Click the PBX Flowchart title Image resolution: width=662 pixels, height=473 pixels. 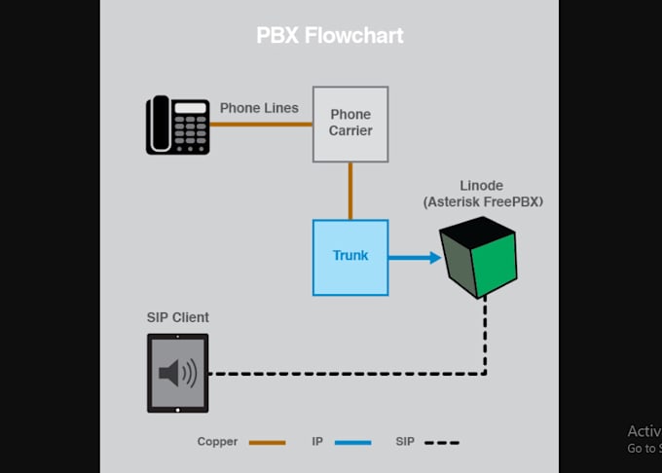click(x=329, y=36)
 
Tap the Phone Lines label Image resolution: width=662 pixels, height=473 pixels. click(x=259, y=107)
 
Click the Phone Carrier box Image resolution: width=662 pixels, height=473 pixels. click(x=350, y=124)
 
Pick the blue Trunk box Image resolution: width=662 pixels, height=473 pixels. click(x=350, y=257)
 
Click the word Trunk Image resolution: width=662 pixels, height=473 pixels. click(x=350, y=255)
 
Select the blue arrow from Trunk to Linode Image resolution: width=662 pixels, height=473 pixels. click(x=414, y=258)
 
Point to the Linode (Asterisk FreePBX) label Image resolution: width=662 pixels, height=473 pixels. click(x=483, y=194)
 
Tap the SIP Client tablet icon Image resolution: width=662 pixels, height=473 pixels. click(x=178, y=373)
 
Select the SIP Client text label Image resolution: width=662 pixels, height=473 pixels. click(x=177, y=317)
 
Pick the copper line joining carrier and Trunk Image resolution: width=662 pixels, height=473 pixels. click(x=350, y=191)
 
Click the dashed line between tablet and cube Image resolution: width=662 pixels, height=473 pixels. click(x=350, y=373)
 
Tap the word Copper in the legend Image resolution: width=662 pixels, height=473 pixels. click(x=217, y=442)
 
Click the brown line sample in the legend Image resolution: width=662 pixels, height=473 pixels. click(x=267, y=442)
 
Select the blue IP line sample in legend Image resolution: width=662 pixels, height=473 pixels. click(x=352, y=442)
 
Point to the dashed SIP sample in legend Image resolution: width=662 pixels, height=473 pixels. click(x=441, y=442)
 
